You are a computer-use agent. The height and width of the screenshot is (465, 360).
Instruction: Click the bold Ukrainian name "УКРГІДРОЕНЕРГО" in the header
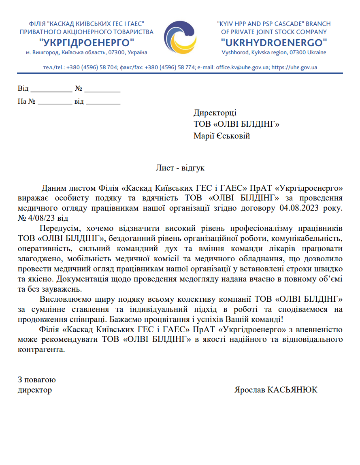click(87, 43)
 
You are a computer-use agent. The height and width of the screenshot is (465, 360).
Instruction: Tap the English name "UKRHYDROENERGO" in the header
click(274, 43)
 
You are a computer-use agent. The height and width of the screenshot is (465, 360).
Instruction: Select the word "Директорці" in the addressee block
click(215, 113)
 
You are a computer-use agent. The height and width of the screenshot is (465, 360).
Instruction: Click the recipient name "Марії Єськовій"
click(222, 136)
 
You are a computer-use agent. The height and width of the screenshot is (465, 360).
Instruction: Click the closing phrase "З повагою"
click(37, 380)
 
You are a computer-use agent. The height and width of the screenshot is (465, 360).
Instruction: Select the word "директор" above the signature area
click(35, 390)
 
